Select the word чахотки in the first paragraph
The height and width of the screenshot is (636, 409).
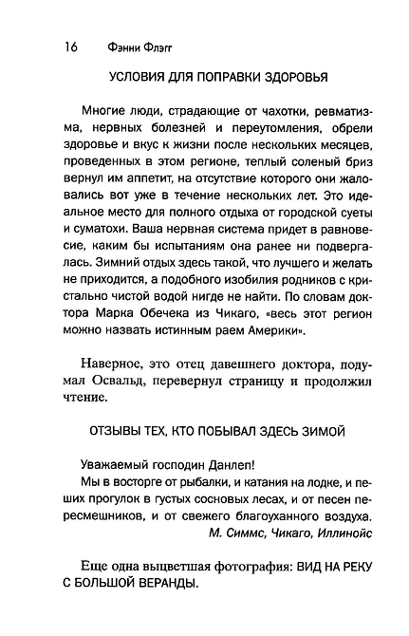(x=248, y=117)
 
